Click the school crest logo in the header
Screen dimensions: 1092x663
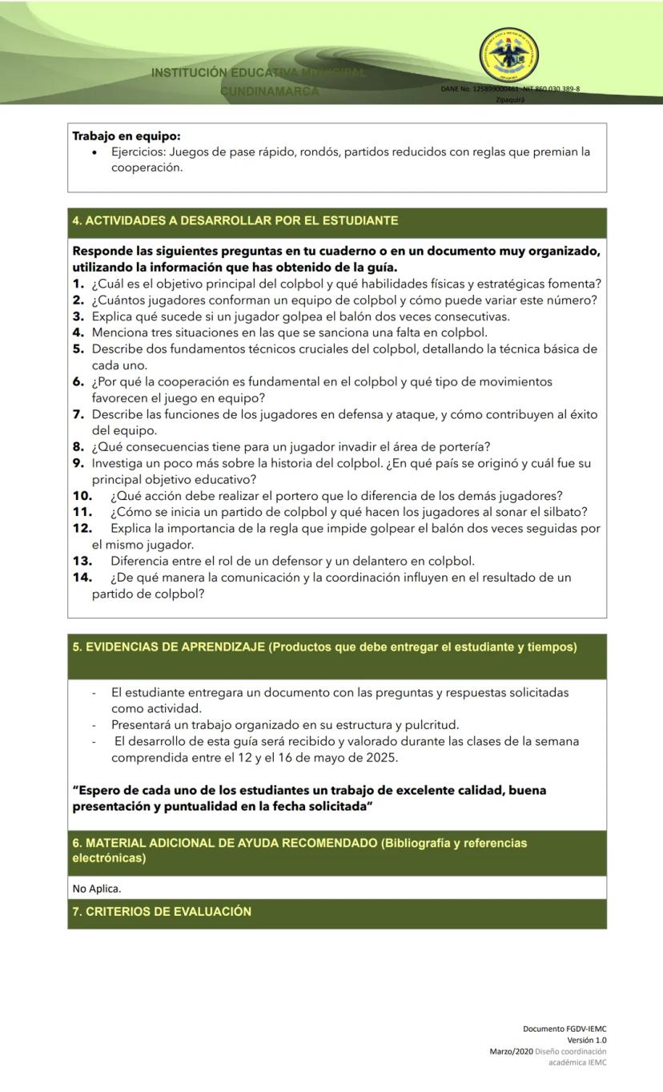508,55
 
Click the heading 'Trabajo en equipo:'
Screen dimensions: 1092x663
126,136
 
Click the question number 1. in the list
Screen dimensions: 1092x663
78,284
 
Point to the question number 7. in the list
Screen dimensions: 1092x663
78,414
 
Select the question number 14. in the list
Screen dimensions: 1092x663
82,578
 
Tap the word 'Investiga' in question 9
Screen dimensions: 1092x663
118,463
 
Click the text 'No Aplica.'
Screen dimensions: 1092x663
97,889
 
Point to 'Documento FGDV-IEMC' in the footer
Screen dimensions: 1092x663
565,1029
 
